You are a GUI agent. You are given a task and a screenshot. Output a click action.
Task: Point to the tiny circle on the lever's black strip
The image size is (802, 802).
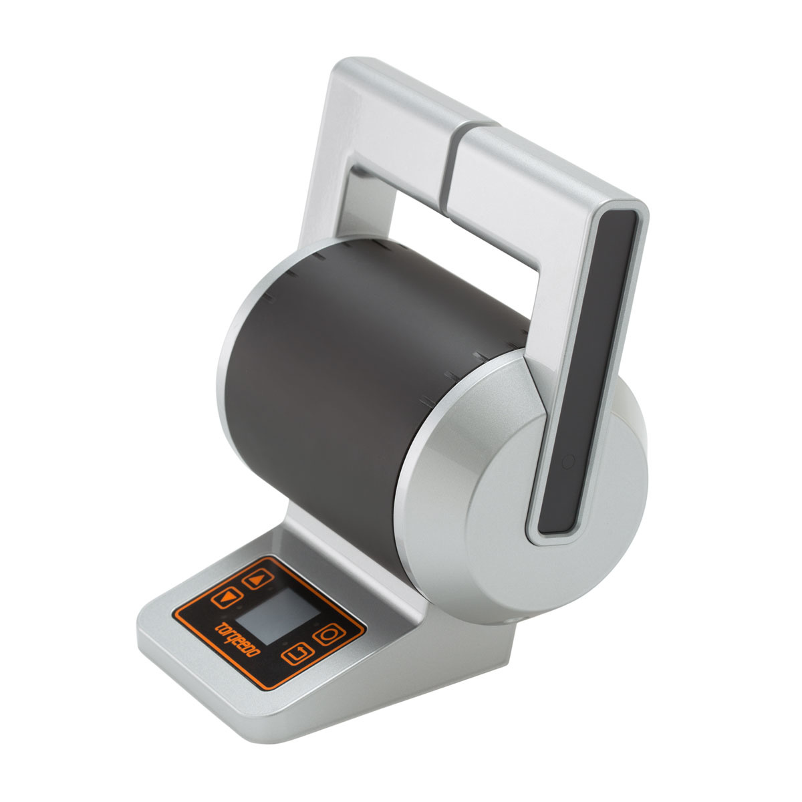pyautogui.click(x=568, y=460)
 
